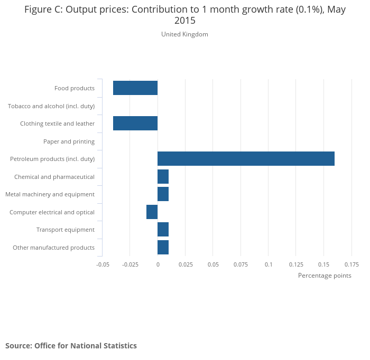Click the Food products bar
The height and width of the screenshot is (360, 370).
[135, 88]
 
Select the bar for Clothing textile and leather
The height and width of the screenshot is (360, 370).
[135, 124]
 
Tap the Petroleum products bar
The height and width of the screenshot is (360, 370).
[246, 159]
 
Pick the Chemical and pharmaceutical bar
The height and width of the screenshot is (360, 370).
[163, 177]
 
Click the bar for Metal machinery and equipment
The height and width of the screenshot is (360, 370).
[163, 194]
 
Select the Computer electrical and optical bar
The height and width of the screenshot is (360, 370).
[152, 212]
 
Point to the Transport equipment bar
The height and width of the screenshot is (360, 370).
[163, 230]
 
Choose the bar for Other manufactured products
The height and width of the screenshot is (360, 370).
[163, 248]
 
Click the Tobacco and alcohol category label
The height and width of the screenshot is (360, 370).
[51, 106]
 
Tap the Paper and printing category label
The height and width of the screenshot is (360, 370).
[69, 141]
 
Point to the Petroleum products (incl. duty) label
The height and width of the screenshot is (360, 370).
[52, 159]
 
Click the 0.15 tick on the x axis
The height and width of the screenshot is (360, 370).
[323, 264]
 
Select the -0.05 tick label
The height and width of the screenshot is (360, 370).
[103, 264]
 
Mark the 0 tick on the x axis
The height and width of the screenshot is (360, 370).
[158, 264]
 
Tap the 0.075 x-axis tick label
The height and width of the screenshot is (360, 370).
[240, 264]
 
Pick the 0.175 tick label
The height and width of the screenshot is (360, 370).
[351, 264]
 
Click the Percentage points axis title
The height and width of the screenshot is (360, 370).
[325, 276]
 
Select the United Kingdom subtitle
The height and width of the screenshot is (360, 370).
[184, 34]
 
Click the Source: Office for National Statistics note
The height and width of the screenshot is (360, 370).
[71, 346]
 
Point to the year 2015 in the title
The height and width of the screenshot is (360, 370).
[184, 21]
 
